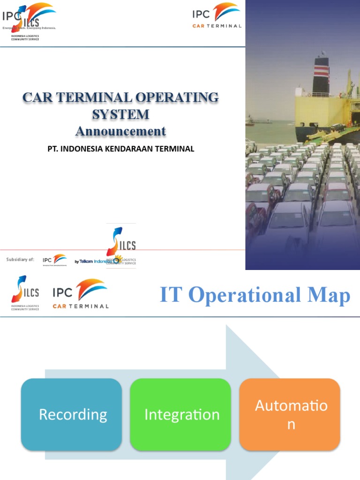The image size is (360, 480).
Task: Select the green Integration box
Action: click(x=181, y=414)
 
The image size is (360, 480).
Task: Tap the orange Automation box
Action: click(x=290, y=414)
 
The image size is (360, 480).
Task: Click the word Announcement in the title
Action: click(x=120, y=131)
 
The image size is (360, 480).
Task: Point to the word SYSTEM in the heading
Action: click(x=120, y=114)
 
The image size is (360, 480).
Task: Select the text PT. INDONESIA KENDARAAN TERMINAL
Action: click(x=120, y=149)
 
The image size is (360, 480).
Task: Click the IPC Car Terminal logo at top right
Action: click(x=217, y=16)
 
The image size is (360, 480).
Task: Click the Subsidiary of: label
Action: click(x=20, y=260)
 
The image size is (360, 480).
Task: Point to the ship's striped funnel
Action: click(x=321, y=75)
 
